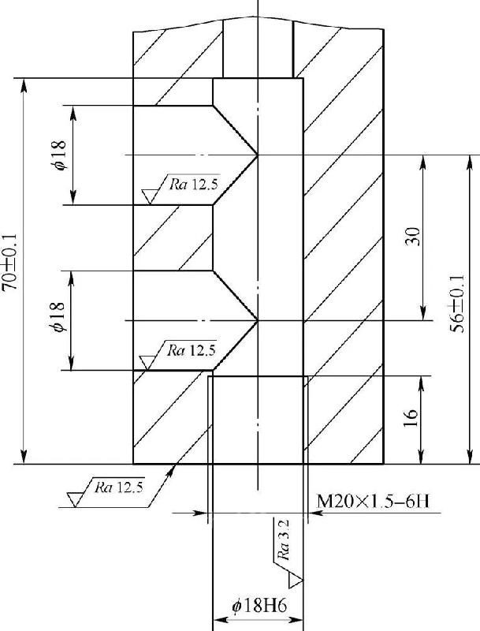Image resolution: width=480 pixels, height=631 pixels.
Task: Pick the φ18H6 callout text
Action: click(258, 607)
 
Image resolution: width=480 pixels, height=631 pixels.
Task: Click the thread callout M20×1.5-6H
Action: click(368, 501)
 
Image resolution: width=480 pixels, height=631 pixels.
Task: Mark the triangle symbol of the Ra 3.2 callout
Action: click(296, 581)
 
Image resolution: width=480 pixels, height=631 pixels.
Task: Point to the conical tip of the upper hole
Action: click(258, 155)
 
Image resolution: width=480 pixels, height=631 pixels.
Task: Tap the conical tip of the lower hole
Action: click(258, 321)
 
